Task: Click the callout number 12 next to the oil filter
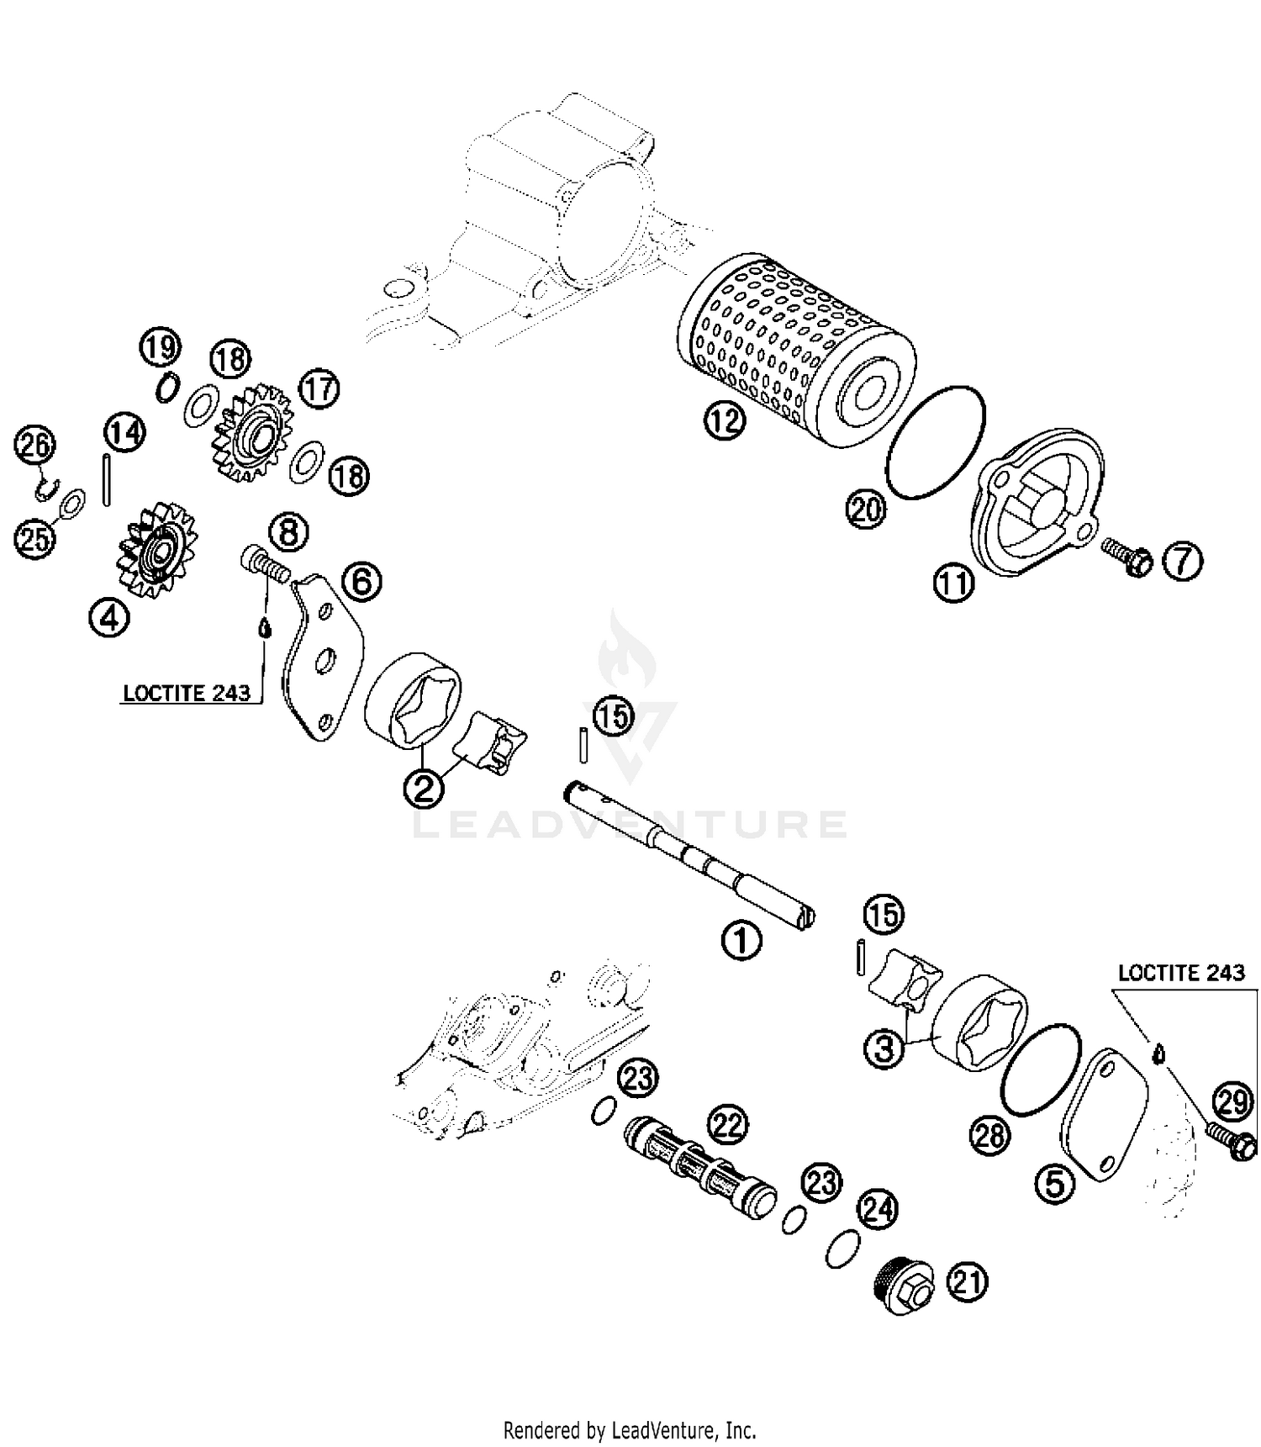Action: [x=725, y=421]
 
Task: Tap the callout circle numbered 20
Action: [x=866, y=510]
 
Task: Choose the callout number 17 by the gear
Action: [x=319, y=389]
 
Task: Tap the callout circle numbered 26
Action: [x=35, y=446]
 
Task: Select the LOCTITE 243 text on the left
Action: [x=187, y=693]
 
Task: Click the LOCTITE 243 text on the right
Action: [x=1180, y=973]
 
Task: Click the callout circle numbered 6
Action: [x=361, y=581]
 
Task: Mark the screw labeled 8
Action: [x=263, y=562]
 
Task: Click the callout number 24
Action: [x=877, y=1210]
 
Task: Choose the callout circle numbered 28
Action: [x=989, y=1136]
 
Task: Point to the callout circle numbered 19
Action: [x=160, y=347]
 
